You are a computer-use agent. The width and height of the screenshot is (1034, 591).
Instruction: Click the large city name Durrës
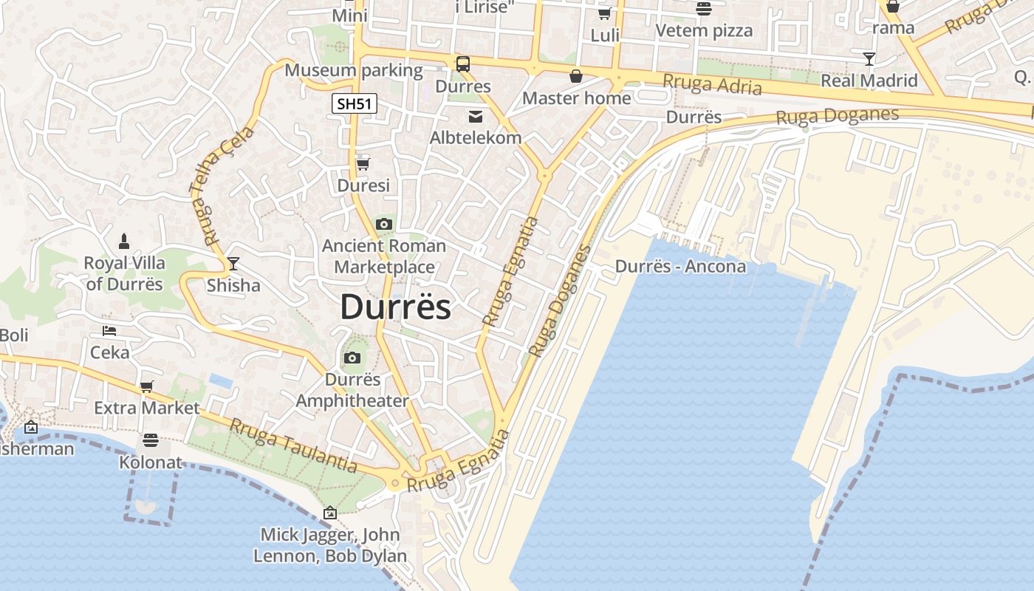(395, 307)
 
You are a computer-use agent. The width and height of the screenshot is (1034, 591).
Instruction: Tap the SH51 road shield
(354, 104)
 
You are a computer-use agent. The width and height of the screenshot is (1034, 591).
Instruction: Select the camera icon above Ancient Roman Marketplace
(383, 225)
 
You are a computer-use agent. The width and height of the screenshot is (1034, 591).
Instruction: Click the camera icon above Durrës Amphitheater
(352, 358)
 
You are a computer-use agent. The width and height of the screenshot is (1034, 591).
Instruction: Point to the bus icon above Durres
(463, 64)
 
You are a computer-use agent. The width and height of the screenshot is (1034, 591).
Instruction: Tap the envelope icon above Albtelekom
(476, 116)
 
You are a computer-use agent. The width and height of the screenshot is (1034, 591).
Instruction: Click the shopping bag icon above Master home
(576, 76)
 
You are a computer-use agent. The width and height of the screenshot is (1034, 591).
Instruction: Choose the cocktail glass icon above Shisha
(233, 263)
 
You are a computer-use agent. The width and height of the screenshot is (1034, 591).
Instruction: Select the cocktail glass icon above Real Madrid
(869, 59)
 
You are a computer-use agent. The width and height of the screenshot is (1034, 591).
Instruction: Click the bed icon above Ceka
(109, 331)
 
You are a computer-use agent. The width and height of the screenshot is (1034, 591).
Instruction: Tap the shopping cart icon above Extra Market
(146, 386)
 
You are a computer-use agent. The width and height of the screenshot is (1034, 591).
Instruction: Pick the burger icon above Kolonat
(151, 440)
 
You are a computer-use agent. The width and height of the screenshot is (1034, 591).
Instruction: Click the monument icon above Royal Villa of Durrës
(124, 241)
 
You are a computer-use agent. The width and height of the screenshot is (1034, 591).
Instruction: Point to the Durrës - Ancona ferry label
(680, 266)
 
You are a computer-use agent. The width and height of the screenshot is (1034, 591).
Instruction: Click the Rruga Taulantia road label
(293, 445)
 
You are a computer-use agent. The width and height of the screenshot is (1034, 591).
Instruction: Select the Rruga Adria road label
(712, 85)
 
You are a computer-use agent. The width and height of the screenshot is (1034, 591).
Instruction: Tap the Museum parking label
(353, 70)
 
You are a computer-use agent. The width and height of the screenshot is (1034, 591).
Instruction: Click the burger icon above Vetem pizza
(703, 9)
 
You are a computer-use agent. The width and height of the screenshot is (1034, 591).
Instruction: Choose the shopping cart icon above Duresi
(363, 164)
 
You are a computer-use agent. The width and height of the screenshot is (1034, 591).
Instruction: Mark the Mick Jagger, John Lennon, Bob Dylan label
(330, 545)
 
